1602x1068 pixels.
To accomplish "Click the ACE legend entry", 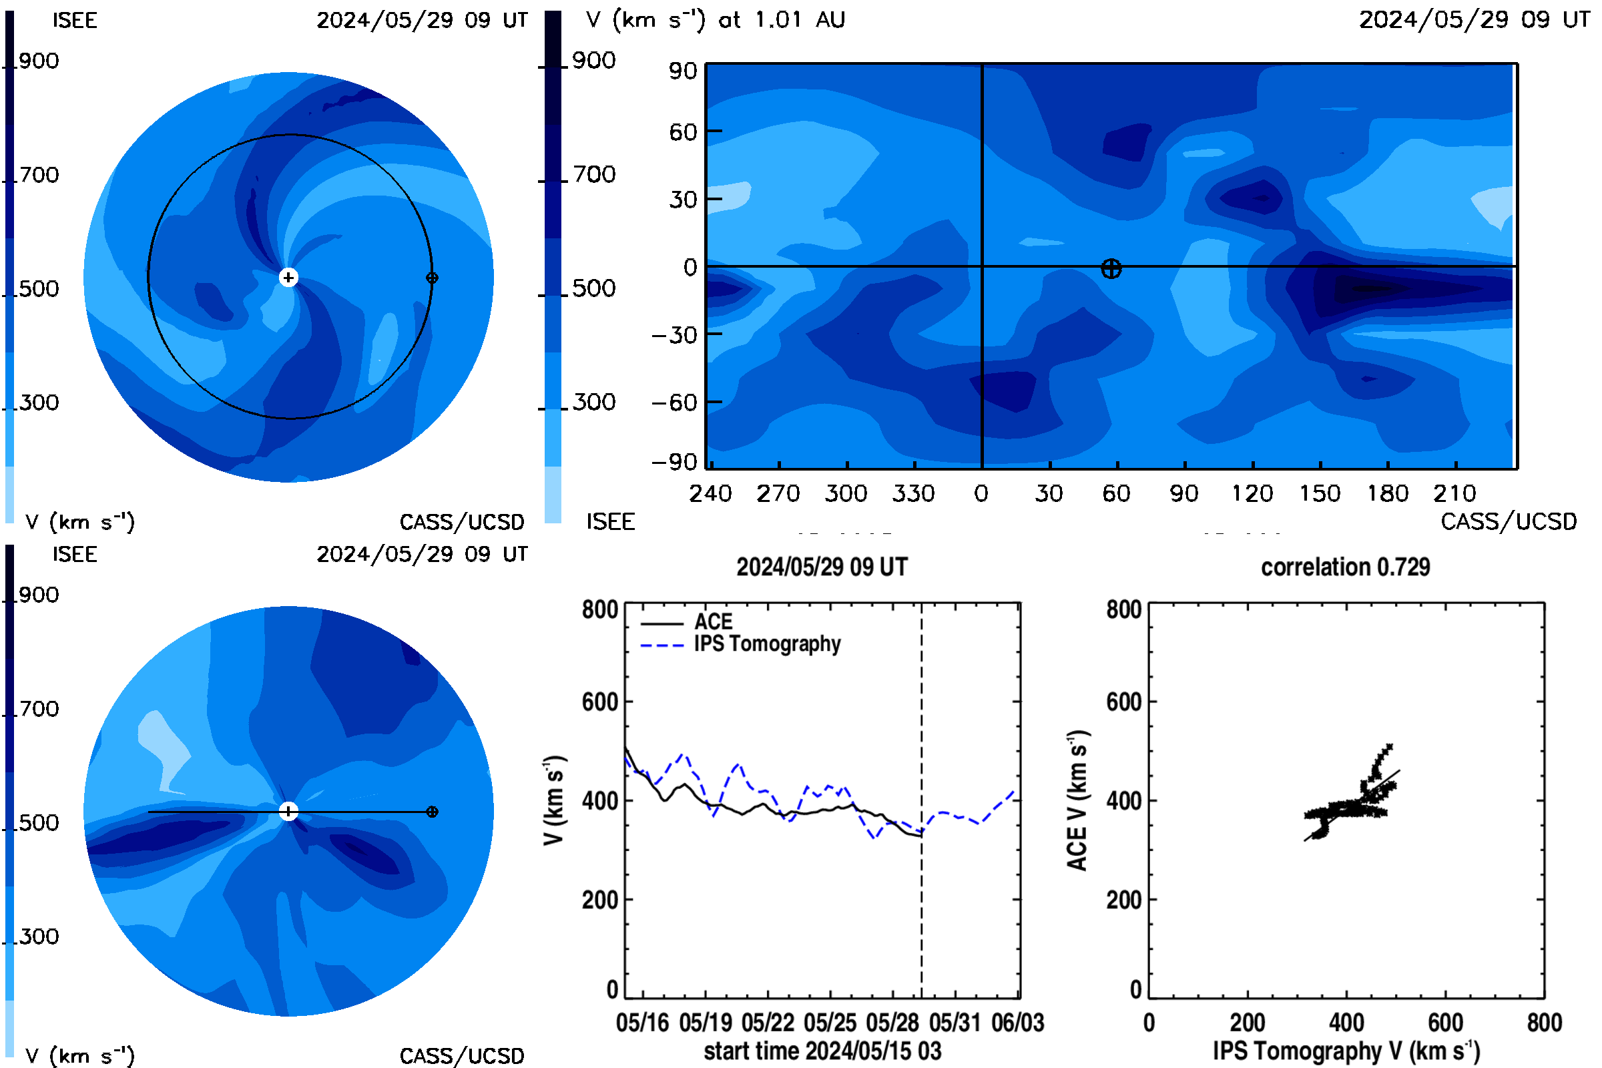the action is tap(687, 622).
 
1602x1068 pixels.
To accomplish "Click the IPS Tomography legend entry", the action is tap(741, 644).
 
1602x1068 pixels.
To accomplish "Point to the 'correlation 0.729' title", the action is tap(1345, 567).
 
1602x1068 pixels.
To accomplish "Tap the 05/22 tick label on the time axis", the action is tap(768, 1023).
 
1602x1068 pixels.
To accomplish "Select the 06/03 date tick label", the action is tap(1017, 1023).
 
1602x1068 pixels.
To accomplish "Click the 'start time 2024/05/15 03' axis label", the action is tap(822, 1051).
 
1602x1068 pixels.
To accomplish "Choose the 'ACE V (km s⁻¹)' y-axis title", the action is tap(1077, 800).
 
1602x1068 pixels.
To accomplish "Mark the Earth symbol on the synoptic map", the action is tap(1111, 268).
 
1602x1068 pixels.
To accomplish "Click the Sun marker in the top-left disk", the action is tap(288, 277).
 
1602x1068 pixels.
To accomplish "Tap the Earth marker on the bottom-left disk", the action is tap(432, 811).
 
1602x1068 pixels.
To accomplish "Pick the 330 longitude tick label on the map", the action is tap(913, 493).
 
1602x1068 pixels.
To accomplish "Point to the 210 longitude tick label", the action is tap(1454, 493).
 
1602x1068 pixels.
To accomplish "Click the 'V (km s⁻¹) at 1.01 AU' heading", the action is tap(715, 20).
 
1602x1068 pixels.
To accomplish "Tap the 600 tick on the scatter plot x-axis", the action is tap(1445, 1023).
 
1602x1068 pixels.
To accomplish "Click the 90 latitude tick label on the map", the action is tap(682, 71).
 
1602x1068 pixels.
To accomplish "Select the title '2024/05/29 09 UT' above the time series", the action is tap(822, 567).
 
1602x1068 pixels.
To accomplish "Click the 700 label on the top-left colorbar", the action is tap(39, 175).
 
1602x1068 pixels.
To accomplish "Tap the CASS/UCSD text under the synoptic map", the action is tap(1509, 522).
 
